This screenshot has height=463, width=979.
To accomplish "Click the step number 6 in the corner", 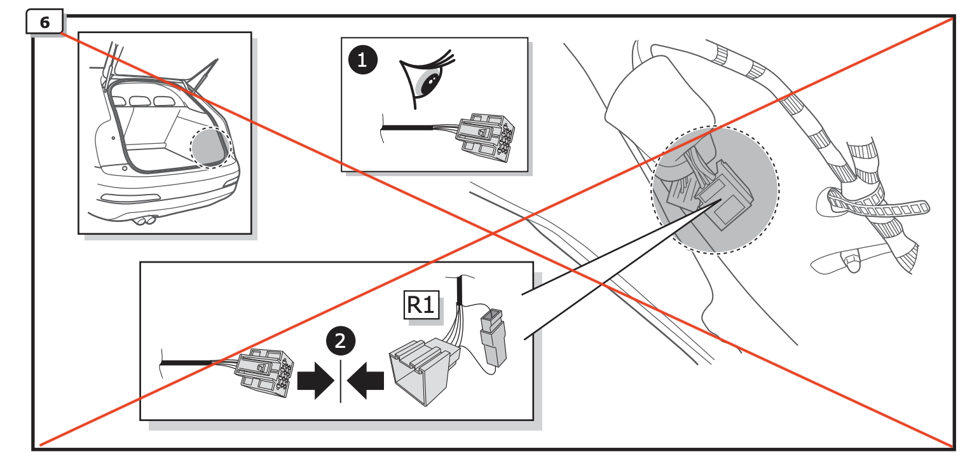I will (x=44, y=22).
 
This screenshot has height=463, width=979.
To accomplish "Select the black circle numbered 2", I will (x=340, y=342).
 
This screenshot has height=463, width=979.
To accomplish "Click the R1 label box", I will (x=420, y=305).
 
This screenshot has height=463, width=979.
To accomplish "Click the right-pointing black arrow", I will (x=316, y=382).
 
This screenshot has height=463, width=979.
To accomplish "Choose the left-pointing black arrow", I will (x=367, y=382).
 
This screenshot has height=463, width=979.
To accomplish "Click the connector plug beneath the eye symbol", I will (x=486, y=137).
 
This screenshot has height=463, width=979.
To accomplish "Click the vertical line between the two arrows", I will (x=341, y=381).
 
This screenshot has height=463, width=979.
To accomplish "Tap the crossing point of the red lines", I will (x=495, y=234).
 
